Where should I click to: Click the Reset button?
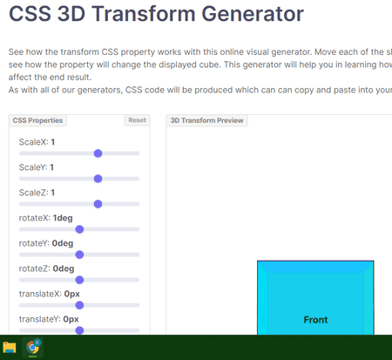coord(137,120)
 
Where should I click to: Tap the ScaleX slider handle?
coord(98,153)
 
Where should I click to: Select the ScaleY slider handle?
coord(98,179)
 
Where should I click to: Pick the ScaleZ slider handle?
coord(98,204)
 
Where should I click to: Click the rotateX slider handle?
coord(79,229)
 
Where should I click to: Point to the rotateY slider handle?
coord(79,255)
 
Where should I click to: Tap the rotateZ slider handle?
coord(79,280)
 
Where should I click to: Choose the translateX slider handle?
coord(79,305)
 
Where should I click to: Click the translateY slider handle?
coord(79,330)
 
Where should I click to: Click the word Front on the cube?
coord(315,320)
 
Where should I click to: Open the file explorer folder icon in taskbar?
coord(10,348)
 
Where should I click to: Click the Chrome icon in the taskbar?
coord(33,347)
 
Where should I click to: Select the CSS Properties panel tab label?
coord(37,120)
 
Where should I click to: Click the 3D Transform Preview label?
coord(206,120)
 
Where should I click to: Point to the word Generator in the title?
coord(253,14)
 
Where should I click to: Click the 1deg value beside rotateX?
coord(63,218)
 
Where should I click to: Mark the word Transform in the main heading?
coord(144,14)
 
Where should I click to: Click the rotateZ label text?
coord(34,268)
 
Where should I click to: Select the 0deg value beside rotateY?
coord(63,243)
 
